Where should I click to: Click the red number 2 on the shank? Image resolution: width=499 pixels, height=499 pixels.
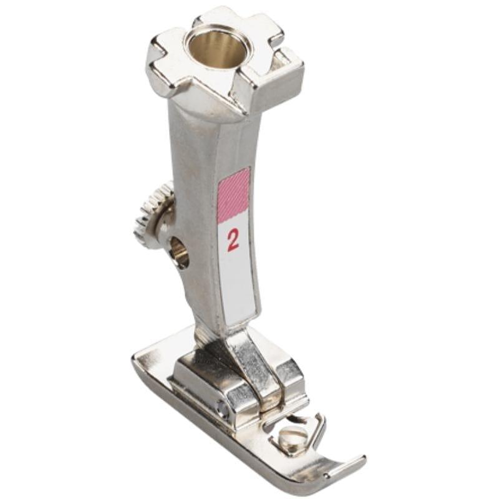pyautogui.click(x=233, y=240)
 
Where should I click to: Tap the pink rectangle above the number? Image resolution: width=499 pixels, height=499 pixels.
pyautogui.click(x=233, y=195)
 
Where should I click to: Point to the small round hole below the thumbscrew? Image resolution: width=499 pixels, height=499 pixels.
pyautogui.click(x=178, y=252)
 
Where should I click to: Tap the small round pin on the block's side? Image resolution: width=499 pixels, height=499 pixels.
pyautogui.click(x=222, y=409)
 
